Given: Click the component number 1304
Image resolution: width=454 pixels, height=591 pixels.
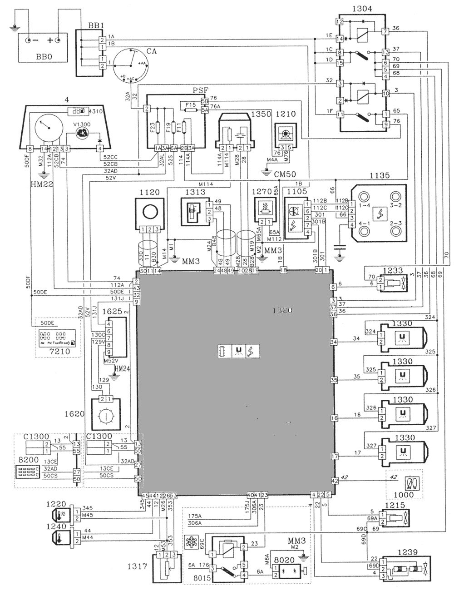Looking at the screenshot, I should click(362, 9).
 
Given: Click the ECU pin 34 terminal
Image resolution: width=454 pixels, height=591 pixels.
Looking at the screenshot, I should click(335, 342).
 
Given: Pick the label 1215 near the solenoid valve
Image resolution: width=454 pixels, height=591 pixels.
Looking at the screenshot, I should click(394, 506).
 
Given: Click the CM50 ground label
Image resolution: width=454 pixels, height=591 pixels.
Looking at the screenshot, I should click(285, 174).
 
